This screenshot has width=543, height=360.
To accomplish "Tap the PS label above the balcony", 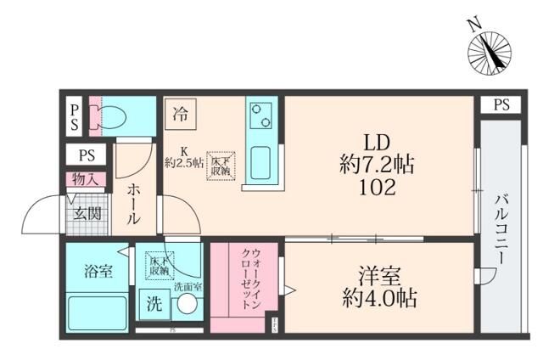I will [501, 105].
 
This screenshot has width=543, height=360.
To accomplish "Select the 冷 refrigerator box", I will [180, 111].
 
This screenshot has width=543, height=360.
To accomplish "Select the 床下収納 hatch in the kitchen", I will [221, 166].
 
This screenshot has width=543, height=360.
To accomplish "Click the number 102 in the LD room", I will [377, 188].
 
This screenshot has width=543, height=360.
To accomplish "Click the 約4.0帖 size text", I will [378, 299].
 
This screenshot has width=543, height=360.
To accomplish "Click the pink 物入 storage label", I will [86, 179].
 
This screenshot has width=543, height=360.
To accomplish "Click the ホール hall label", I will [134, 205].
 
